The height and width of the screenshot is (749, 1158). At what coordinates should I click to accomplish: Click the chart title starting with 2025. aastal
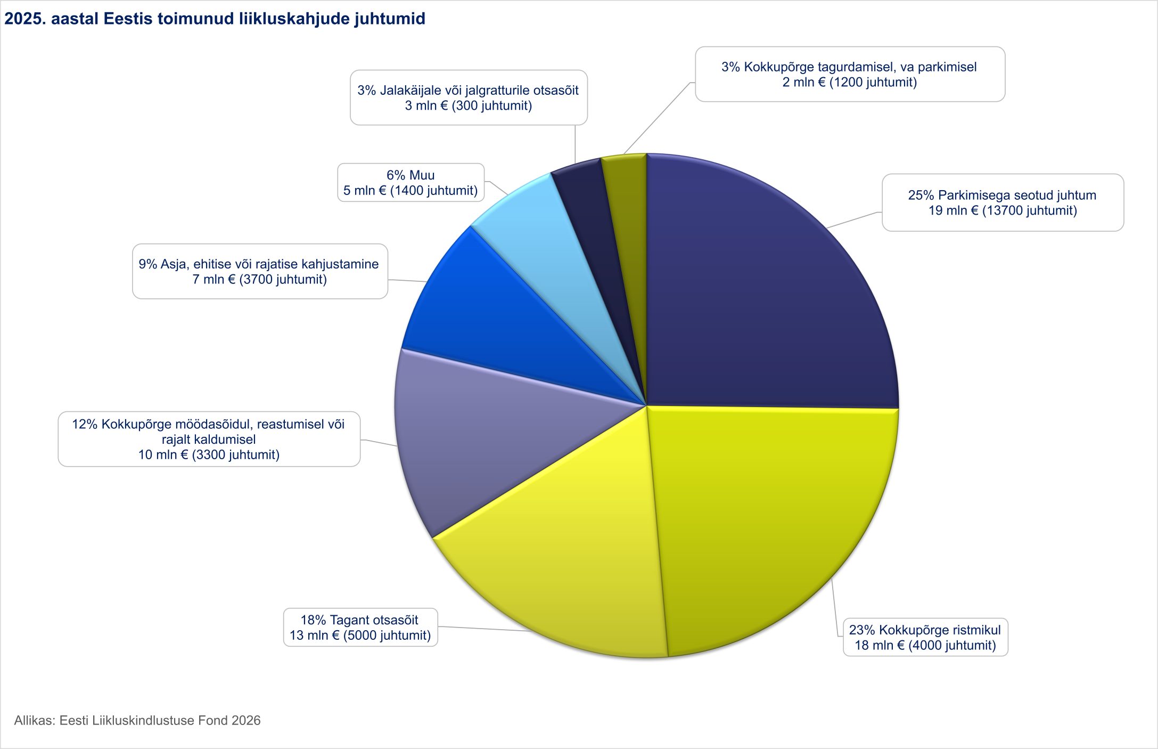[215, 19]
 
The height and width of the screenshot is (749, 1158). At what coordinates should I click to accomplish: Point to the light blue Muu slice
[543, 234]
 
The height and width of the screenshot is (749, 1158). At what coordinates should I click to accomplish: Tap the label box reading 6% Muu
[410, 183]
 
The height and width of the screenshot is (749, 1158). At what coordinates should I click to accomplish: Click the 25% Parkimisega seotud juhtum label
[1002, 203]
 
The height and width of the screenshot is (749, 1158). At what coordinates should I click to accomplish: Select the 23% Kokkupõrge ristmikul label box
[925, 638]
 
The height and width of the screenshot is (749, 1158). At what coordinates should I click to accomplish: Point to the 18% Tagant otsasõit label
[360, 628]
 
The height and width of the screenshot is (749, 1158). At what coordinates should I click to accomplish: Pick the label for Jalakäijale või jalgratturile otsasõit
[468, 98]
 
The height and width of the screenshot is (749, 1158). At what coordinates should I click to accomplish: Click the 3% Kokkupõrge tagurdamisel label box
[849, 75]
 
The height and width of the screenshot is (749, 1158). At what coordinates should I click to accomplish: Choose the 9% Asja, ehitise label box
[259, 272]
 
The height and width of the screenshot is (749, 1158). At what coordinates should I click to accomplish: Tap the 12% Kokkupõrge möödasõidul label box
[209, 439]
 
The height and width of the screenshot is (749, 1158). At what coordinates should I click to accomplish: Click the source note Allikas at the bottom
[137, 721]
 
